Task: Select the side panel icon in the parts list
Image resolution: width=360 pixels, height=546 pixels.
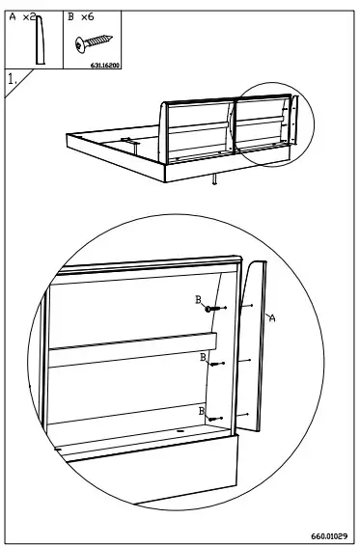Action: point(41,42)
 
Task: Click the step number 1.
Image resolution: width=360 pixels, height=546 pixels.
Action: point(12,80)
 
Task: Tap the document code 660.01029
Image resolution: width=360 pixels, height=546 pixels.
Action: point(329,534)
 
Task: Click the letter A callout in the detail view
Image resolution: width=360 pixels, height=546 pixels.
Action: point(271,318)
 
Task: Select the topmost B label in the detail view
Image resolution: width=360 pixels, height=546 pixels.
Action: point(198,301)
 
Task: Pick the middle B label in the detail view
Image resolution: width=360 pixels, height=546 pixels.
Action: point(203,357)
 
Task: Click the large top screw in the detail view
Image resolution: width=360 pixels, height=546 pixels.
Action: point(210,309)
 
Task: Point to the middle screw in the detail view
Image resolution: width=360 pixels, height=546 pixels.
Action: point(214,364)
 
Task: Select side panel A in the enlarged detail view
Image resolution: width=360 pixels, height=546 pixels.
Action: point(252,347)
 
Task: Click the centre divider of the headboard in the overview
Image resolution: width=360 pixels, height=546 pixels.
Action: point(231,127)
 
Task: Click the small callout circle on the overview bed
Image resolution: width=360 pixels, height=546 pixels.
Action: point(273,123)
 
